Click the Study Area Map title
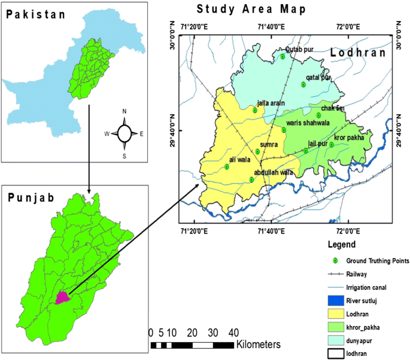(251, 9)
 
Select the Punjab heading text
(31, 198)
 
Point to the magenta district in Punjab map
(62, 297)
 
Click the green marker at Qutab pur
(283, 57)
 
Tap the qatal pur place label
(318, 77)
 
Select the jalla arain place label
(271, 103)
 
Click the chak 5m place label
(333, 108)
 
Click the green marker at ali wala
(227, 167)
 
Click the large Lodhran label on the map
(358, 53)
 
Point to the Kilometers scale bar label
(259, 344)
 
